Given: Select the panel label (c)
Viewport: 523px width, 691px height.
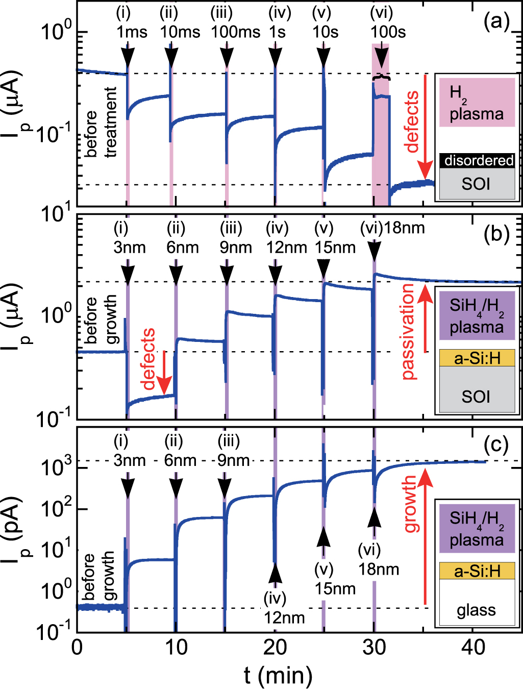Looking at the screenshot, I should pyautogui.click(x=496, y=445).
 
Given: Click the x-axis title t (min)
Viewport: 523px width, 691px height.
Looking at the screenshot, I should pyautogui.click(x=278, y=675).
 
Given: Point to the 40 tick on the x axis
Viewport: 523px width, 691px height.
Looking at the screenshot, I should pyautogui.click(x=473, y=647).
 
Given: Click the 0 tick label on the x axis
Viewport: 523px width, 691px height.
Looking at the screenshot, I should pyautogui.click(x=77, y=647).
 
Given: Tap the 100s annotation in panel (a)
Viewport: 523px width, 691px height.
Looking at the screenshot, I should pyautogui.click(x=388, y=32).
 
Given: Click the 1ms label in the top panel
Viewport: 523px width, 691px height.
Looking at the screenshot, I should pyautogui.click(x=132, y=32).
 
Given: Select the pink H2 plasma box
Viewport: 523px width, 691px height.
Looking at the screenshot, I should pyautogui.click(x=477, y=103).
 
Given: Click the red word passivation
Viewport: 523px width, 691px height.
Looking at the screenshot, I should pyautogui.click(x=408, y=332).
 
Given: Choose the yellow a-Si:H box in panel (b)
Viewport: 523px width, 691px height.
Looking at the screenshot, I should pyautogui.click(x=477, y=358).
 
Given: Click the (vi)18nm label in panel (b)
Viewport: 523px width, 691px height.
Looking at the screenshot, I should pyautogui.click(x=392, y=228).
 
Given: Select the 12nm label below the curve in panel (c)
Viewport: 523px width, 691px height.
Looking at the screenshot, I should pyautogui.click(x=284, y=618).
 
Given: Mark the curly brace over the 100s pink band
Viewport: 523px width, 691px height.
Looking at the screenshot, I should pyautogui.click(x=381, y=77).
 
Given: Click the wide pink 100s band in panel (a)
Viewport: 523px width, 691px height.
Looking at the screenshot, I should pyautogui.click(x=381, y=153).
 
